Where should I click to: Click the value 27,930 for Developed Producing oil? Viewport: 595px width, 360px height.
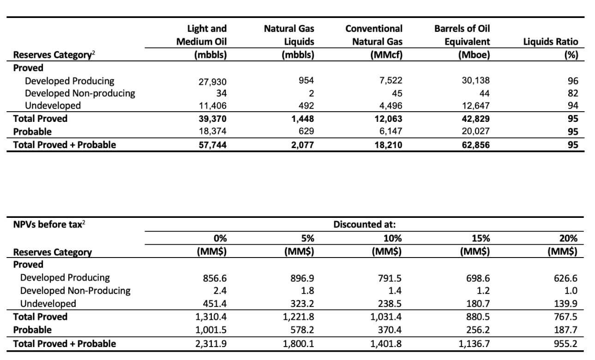pos(212,82)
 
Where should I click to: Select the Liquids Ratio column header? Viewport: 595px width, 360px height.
pos(551,42)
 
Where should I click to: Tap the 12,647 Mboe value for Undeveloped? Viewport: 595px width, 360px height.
pos(476,106)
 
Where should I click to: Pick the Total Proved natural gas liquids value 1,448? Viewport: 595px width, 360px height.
pos(302,119)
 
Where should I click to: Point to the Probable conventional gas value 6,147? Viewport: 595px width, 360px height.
pos(391,131)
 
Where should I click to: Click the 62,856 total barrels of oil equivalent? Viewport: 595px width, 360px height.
pos(476,145)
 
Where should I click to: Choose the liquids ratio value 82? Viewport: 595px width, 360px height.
pos(573,93)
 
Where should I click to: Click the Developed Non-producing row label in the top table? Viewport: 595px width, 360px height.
pos(80,93)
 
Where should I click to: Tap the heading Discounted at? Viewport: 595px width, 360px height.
pos(365,224)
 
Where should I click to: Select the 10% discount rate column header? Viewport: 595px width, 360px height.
pos(393,238)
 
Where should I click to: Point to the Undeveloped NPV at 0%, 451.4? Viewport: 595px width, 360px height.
pos(215,304)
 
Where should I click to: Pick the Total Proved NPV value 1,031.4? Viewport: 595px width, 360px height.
pos(386,317)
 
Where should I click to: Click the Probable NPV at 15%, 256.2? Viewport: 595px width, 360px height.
pos(478,330)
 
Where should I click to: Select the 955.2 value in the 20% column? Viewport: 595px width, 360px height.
pos(565,344)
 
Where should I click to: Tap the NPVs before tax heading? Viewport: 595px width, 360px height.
pos(49,224)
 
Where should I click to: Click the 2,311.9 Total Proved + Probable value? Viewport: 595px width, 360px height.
pos(211,344)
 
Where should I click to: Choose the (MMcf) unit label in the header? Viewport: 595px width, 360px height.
pos(386,55)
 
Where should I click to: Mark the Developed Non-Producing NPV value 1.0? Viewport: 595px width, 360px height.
pos(571,291)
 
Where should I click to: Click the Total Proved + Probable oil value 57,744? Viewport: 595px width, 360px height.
pos(212,145)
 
